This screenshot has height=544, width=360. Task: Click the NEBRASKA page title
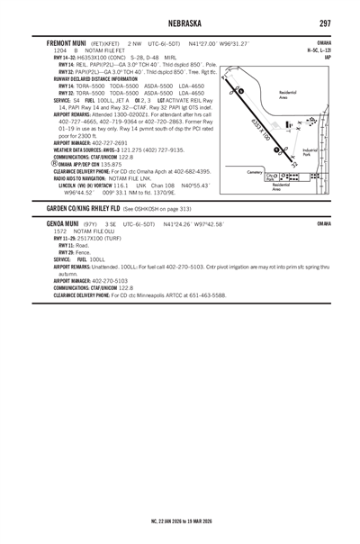(179, 23)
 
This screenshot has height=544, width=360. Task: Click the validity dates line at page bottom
(179, 520)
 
